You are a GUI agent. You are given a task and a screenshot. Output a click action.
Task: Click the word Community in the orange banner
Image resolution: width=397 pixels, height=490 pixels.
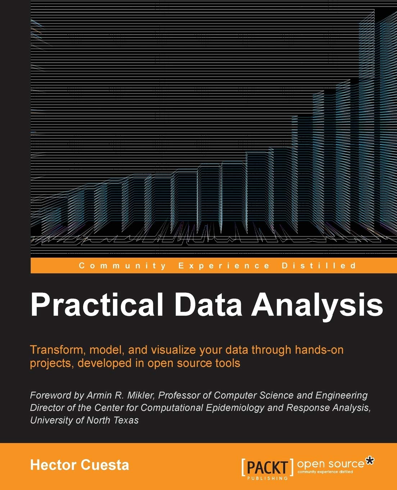[x=122, y=266]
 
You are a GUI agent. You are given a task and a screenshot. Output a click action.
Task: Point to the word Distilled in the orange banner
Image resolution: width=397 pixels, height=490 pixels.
[x=319, y=266]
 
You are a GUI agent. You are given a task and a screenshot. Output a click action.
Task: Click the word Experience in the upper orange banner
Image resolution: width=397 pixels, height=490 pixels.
[x=224, y=266]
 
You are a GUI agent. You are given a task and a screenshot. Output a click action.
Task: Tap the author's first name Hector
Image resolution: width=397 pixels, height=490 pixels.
[x=53, y=465]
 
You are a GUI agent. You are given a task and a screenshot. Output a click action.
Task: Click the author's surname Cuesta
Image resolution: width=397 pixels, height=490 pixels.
[x=105, y=465]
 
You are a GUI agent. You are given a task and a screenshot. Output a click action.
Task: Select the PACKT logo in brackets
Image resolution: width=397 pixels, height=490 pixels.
[x=267, y=467]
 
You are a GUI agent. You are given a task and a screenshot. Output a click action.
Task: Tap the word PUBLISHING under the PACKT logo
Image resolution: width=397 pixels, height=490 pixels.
[x=267, y=478]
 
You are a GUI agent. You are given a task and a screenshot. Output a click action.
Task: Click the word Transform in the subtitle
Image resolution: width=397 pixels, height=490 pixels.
[x=58, y=350]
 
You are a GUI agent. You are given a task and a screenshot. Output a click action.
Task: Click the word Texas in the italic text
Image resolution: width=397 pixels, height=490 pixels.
[x=126, y=420]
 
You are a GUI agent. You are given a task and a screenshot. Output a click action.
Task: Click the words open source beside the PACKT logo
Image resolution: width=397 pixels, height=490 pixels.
[x=330, y=464]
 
